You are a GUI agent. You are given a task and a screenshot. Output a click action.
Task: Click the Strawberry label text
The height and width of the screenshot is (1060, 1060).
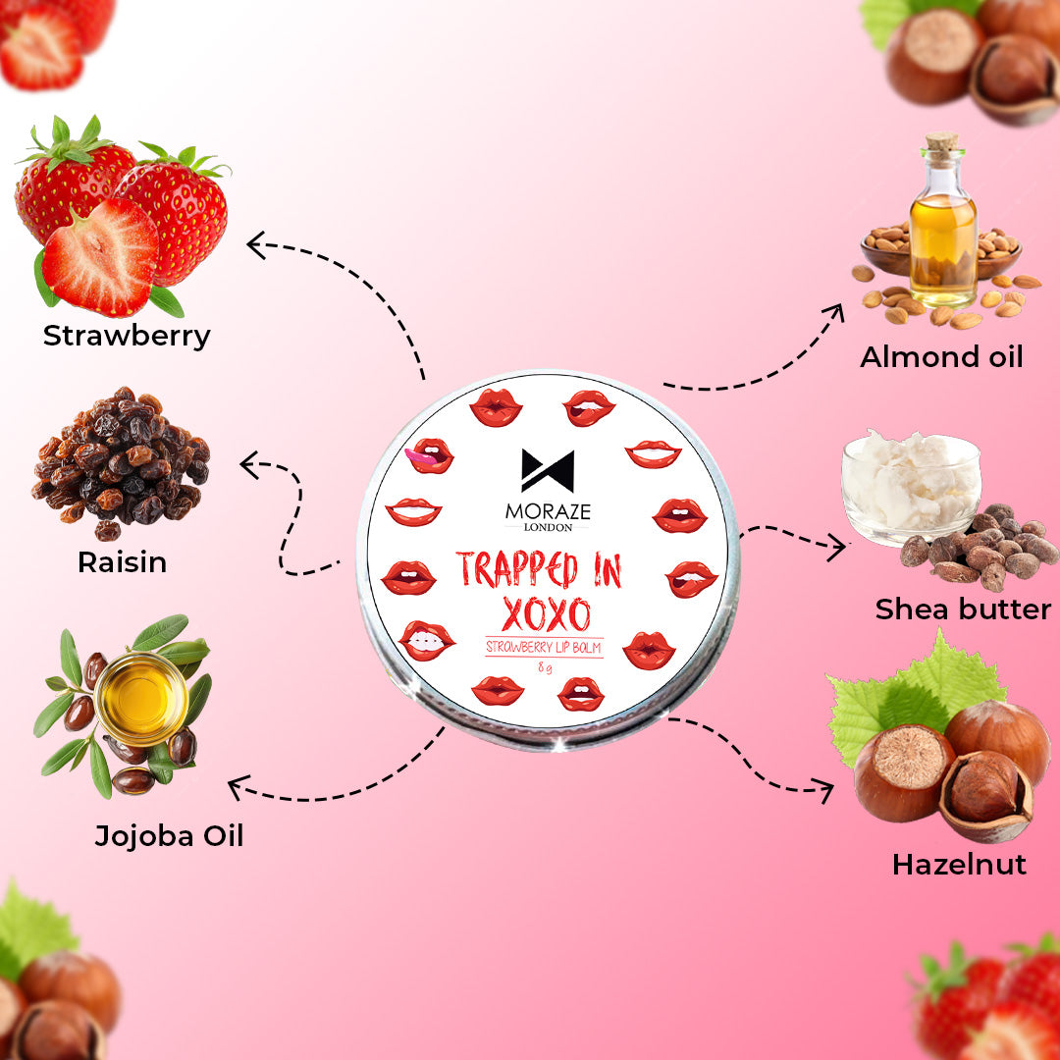pyautogui.click(x=127, y=336)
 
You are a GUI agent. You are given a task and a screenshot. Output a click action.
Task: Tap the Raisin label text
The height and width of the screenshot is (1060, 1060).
pyautogui.click(x=123, y=562)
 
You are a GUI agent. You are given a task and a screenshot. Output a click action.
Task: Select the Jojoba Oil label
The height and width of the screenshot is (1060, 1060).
pyautogui.click(x=169, y=835)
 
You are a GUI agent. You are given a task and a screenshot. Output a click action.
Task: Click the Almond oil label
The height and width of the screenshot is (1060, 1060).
pyautogui.click(x=941, y=356)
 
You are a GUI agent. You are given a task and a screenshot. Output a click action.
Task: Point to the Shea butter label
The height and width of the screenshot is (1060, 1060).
pyautogui.click(x=963, y=609)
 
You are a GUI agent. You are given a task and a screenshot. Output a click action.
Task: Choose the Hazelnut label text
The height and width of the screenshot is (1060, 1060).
pyautogui.click(x=959, y=865)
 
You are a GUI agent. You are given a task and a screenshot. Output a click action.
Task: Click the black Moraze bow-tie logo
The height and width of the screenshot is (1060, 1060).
pyautogui.click(x=548, y=470)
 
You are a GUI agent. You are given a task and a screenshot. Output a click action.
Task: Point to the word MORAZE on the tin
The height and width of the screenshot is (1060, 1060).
pyautogui.click(x=548, y=511)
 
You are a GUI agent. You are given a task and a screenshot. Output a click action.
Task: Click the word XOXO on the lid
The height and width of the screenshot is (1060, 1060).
pyautogui.click(x=546, y=614)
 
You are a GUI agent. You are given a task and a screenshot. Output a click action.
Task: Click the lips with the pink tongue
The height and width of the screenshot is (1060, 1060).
pyautogui.click(x=429, y=455)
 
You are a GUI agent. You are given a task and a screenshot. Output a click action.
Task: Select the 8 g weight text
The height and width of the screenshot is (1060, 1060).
pyautogui.click(x=543, y=668)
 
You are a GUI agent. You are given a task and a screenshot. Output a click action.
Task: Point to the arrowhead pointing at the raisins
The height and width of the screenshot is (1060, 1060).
pyautogui.click(x=248, y=464)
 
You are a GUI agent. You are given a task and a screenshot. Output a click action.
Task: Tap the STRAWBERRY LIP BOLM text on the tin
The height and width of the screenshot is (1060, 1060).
pyautogui.click(x=544, y=646)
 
